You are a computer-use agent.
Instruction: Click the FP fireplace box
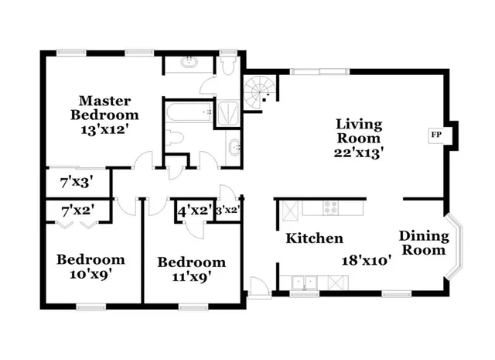pyautogui.click(x=436, y=134)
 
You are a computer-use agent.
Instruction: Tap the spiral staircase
pyautogui.click(x=258, y=91)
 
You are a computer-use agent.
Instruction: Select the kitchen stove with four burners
pyautogui.click(x=330, y=207)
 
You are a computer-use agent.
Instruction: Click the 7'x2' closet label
pyautogui.click(x=77, y=210)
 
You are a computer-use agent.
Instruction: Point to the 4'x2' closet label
pyautogui.click(x=194, y=210)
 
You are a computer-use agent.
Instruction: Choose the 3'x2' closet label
pyautogui.click(x=227, y=210)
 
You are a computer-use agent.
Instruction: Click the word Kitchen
pyautogui.click(x=315, y=238)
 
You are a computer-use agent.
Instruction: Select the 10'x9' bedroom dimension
pyautogui.click(x=90, y=275)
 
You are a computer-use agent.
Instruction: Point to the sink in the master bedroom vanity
pyautogui.click(x=189, y=63)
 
